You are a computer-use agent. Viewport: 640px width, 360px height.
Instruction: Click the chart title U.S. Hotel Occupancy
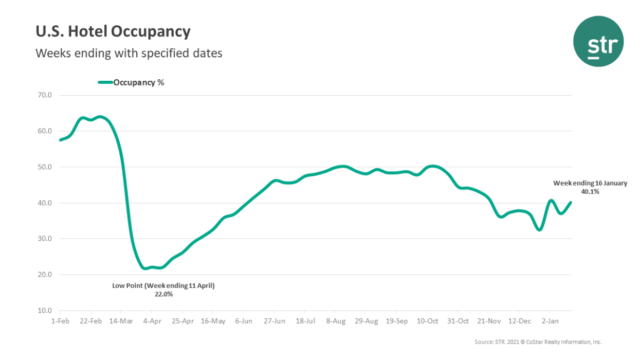click(x=113, y=32)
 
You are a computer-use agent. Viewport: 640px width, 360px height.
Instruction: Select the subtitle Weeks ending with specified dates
click(x=129, y=53)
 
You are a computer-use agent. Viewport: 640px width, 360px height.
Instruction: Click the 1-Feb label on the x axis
click(x=60, y=321)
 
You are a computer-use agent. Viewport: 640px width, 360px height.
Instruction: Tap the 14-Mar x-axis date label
click(x=120, y=321)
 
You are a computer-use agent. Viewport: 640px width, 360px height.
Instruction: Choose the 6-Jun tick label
click(x=243, y=321)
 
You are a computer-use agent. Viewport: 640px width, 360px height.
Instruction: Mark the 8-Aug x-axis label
click(x=335, y=321)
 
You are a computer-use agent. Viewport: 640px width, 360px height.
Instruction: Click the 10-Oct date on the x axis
click(x=427, y=321)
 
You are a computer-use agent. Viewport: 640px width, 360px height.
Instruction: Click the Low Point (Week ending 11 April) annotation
click(x=163, y=285)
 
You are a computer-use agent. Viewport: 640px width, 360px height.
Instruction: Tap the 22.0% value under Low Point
click(x=163, y=294)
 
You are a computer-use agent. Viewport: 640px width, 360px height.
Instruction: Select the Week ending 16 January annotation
click(x=590, y=183)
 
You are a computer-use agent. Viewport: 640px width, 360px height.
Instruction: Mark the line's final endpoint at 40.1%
click(x=571, y=203)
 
